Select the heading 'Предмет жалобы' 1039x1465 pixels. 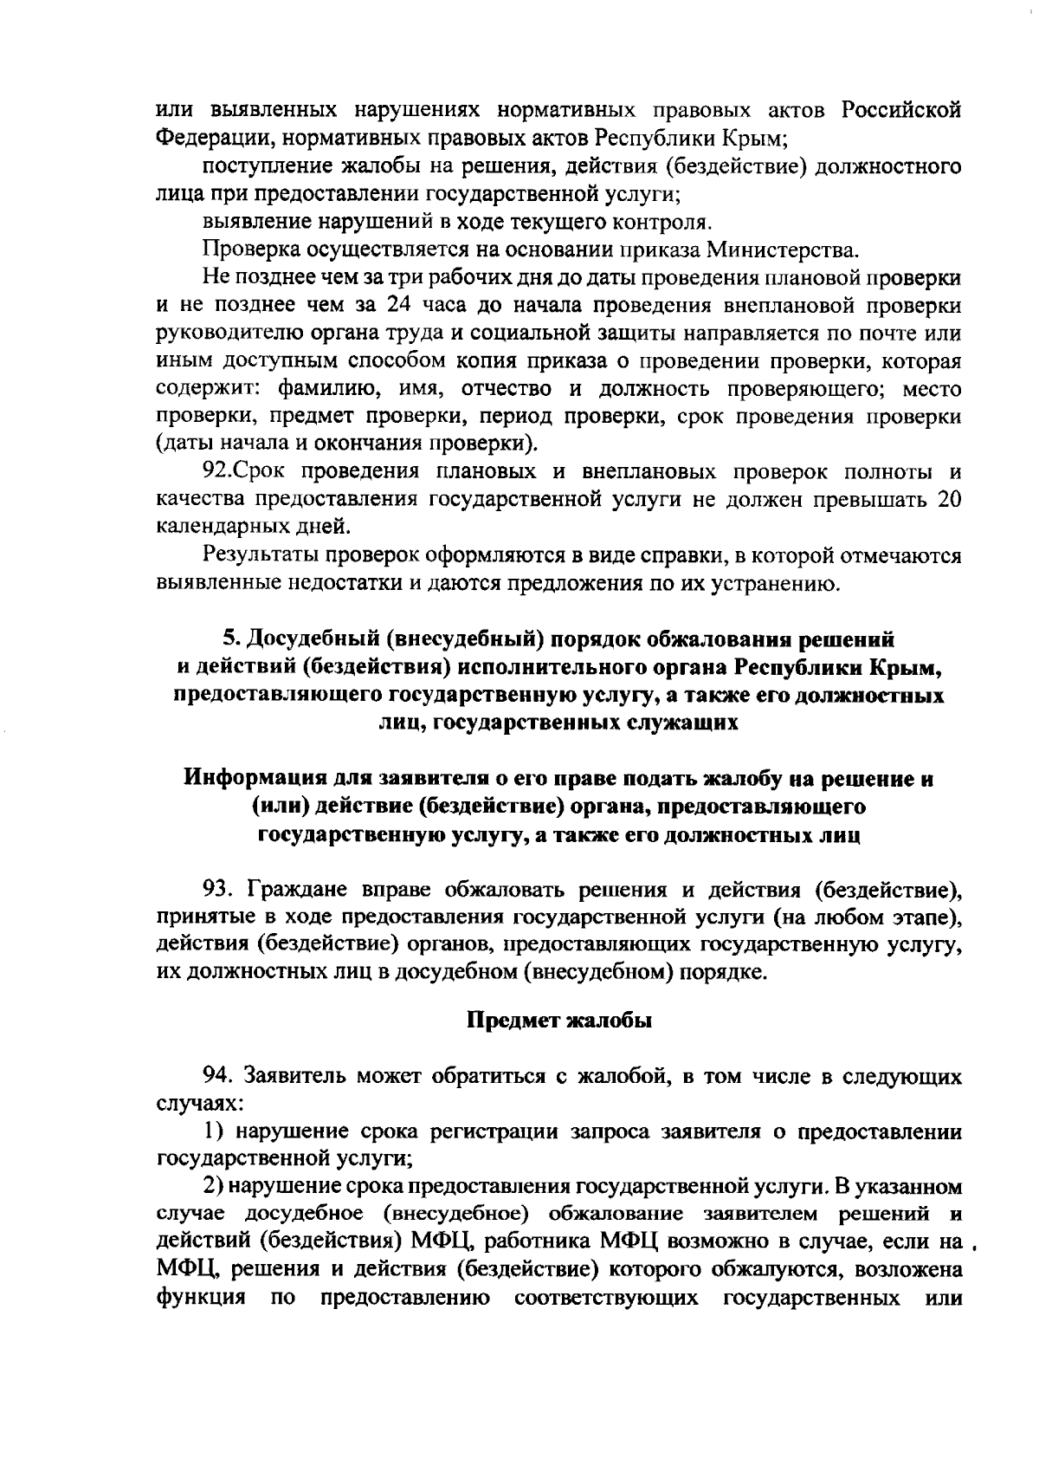point(559,1021)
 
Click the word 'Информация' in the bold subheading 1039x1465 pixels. point(261,779)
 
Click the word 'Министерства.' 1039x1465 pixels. point(783,251)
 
